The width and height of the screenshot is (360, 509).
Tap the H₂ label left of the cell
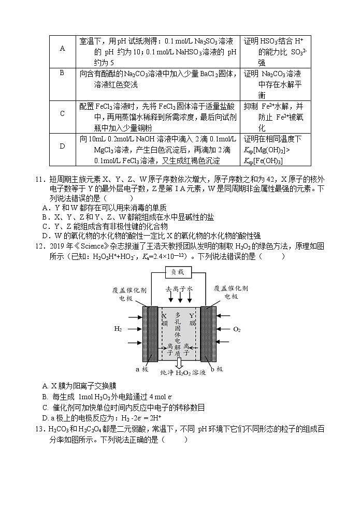click(119, 329)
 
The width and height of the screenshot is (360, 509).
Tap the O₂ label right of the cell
click(237, 329)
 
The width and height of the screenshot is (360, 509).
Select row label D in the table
click(63, 146)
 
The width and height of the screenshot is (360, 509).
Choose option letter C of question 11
click(46, 226)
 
